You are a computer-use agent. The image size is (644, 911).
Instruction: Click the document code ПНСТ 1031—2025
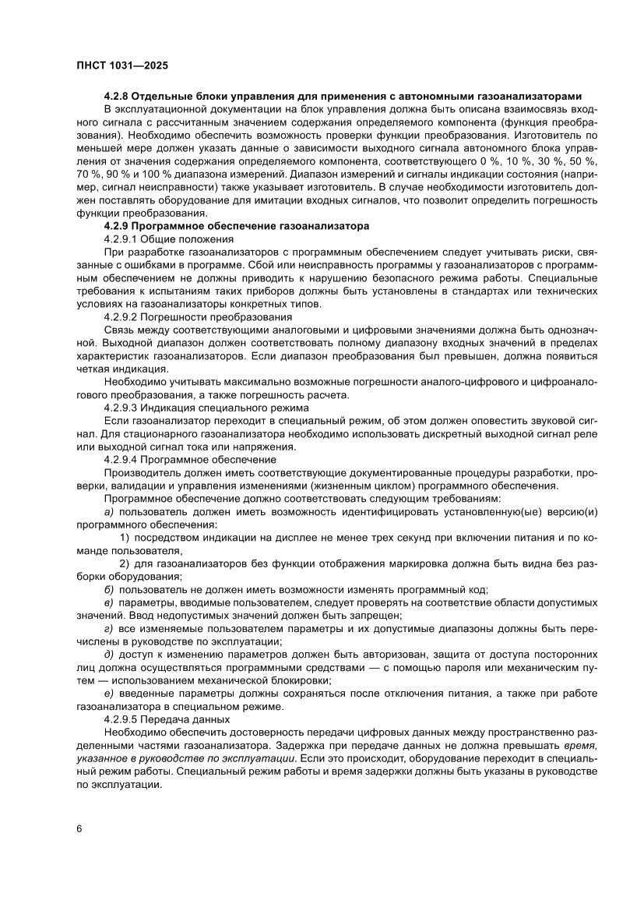coord(121,66)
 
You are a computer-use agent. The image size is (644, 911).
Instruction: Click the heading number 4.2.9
coord(118,225)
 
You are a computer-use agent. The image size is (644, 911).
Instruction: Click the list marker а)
coord(109,512)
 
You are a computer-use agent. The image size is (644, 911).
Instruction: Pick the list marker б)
coord(109,589)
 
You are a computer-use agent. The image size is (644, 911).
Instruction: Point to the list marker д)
coord(109,654)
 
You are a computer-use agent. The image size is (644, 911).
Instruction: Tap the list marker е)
coord(109,693)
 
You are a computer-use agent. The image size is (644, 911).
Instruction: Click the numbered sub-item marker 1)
coord(124,538)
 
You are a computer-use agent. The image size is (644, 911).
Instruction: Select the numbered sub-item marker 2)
coord(124,563)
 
